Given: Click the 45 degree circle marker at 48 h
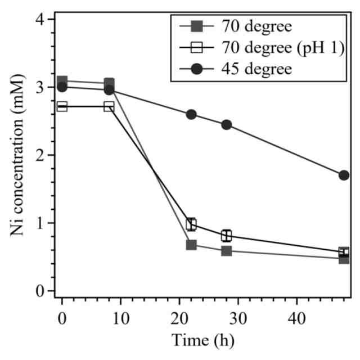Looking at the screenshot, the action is pyautogui.click(x=344, y=175).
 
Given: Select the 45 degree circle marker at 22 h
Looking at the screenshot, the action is pyautogui.click(x=191, y=114).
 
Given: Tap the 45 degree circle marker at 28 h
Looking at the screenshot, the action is pyautogui.click(x=227, y=125).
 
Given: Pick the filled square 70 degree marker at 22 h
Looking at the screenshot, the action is pyautogui.click(x=191, y=245).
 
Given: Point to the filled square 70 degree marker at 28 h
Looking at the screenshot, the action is pyautogui.click(x=227, y=251).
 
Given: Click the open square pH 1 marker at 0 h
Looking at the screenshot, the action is pyautogui.click(x=62, y=106).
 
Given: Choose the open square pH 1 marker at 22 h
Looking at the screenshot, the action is pyautogui.click(x=191, y=224).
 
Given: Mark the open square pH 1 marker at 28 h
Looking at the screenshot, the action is pyautogui.click(x=227, y=236).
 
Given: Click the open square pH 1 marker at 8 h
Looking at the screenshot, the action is pyautogui.click(x=109, y=106).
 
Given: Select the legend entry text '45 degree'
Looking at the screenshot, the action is pyautogui.click(x=256, y=69).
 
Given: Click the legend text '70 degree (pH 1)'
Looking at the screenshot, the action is pyautogui.click(x=283, y=48).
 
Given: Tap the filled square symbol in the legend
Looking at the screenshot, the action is pyautogui.click(x=197, y=26).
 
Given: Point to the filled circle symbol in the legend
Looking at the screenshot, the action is pyautogui.click(x=197, y=69).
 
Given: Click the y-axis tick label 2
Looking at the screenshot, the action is pyautogui.click(x=40, y=155).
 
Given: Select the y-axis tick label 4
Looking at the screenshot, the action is pyautogui.click(x=40, y=19).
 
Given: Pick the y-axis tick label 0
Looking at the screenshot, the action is pyautogui.click(x=40, y=291).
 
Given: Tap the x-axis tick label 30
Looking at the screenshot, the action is pyautogui.click(x=238, y=319).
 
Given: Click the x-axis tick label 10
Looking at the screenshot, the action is pyautogui.click(x=121, y=319).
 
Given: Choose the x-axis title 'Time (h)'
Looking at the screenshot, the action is pyautogui.click(x=203, y=341).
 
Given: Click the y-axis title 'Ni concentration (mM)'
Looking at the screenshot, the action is pyautogui.click(x=17, y=155).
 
